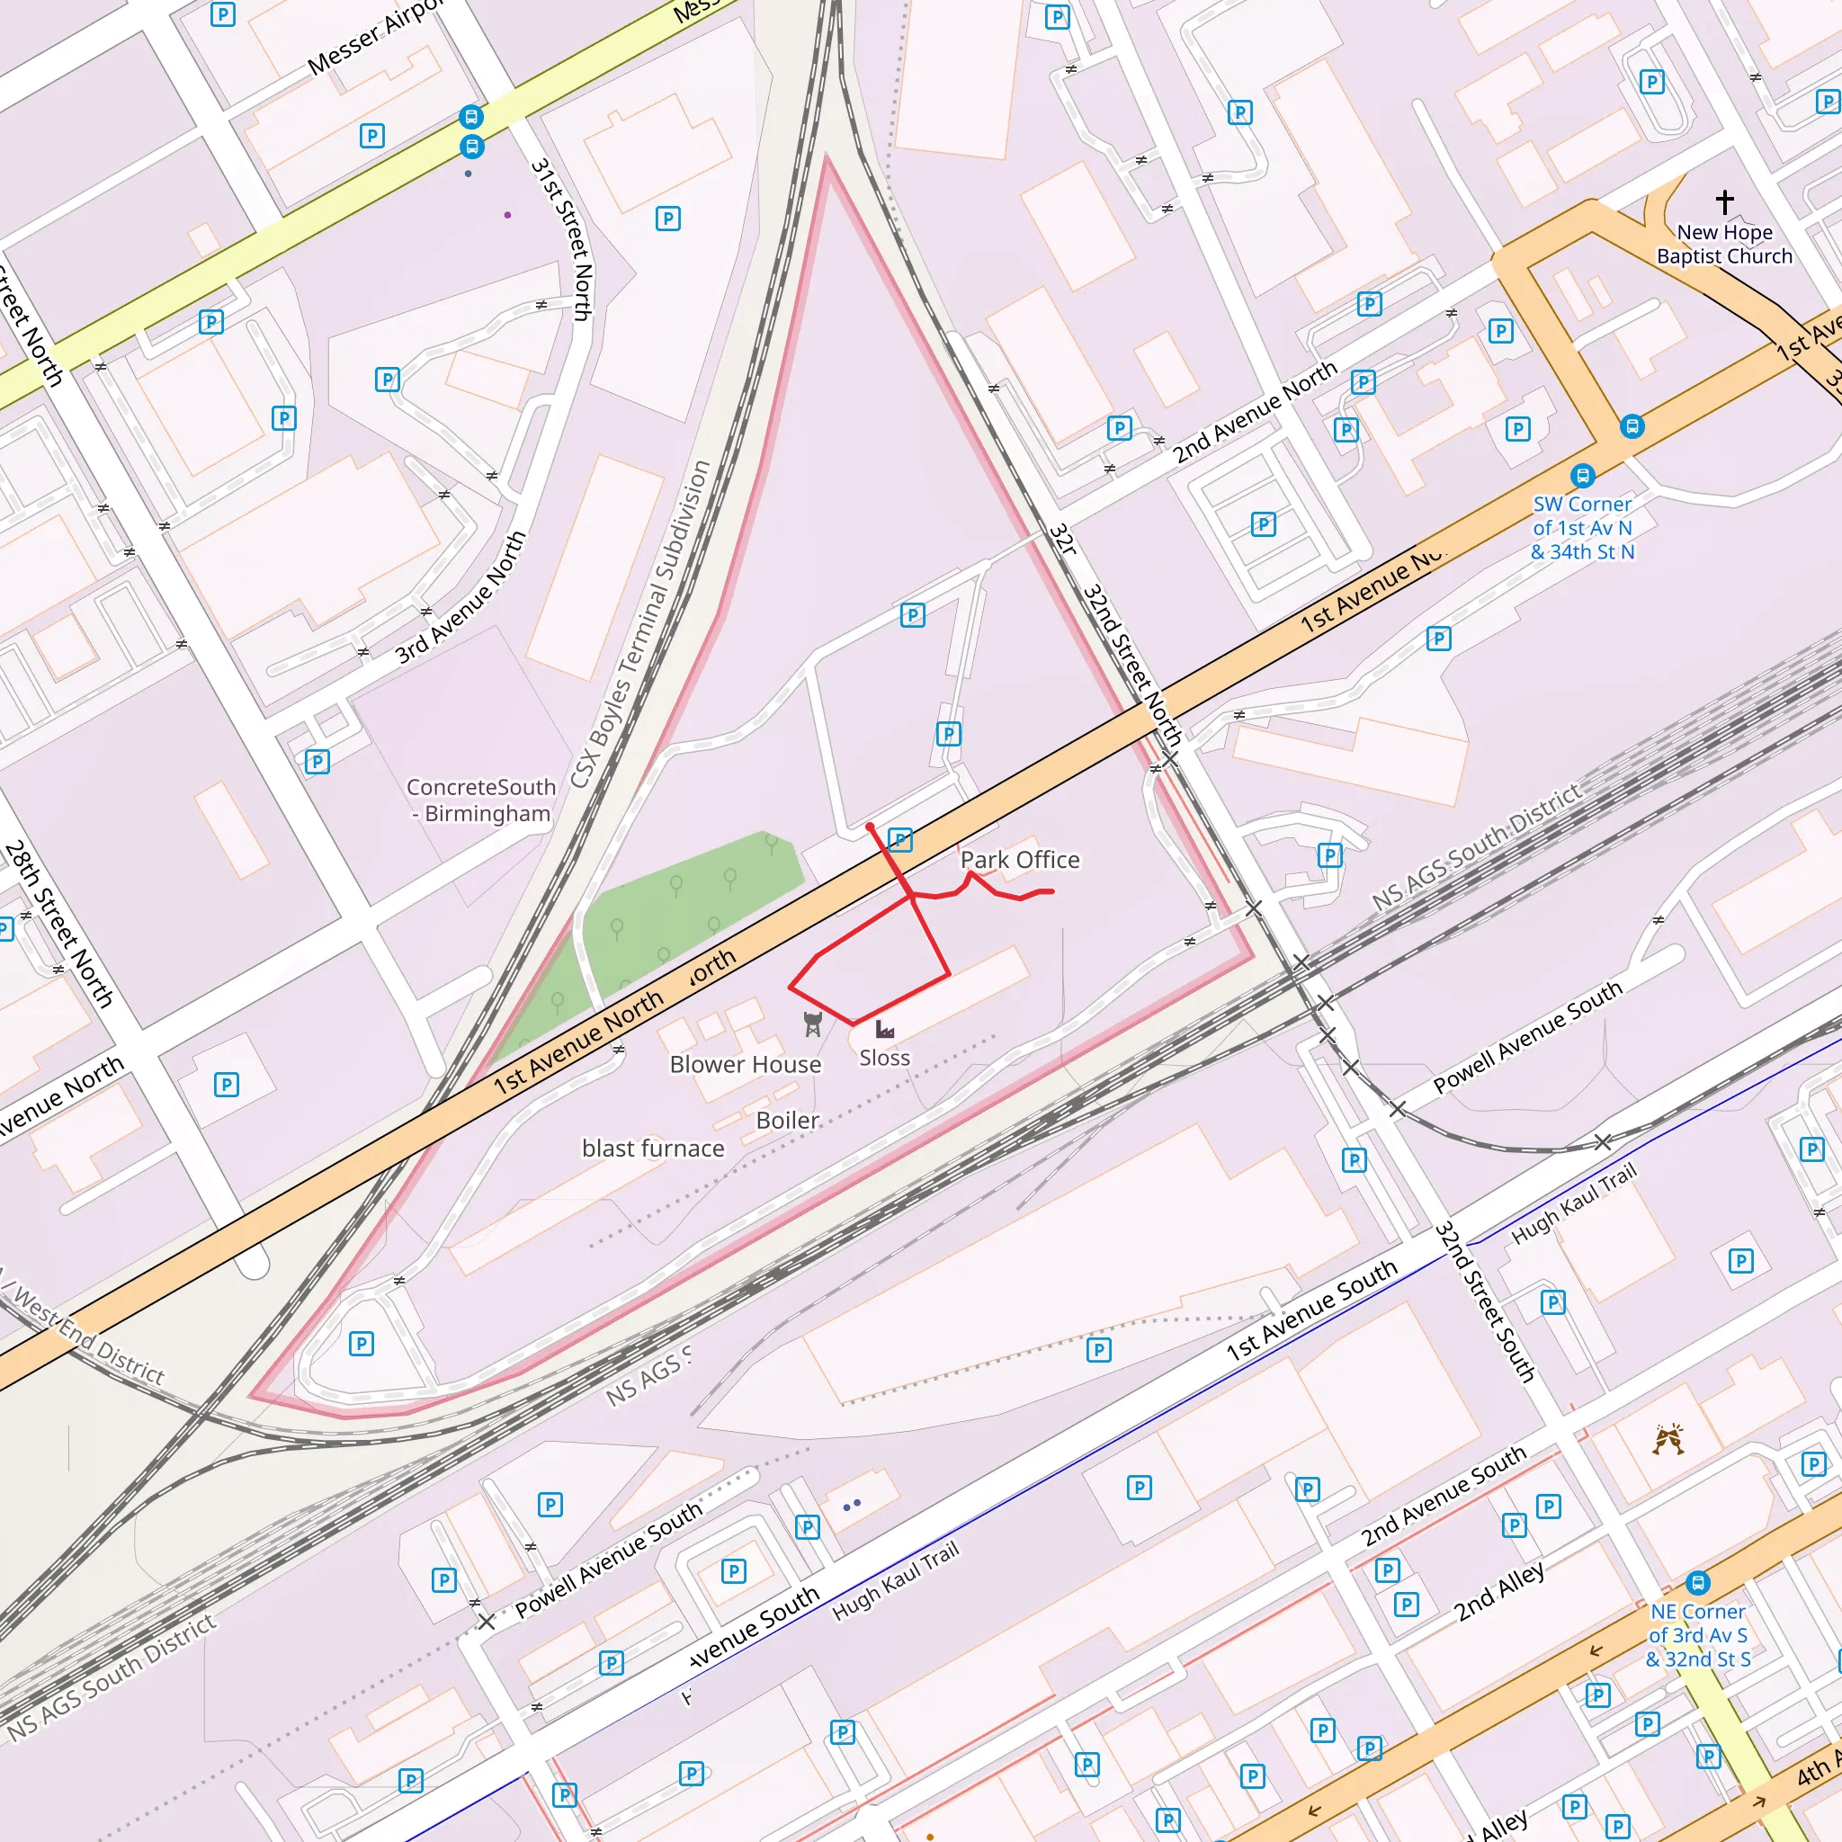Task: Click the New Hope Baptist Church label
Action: [1724, 244]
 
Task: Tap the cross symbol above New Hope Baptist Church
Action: [1725, 201]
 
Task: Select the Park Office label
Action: [1019, 860]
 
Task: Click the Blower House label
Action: [745, 1064]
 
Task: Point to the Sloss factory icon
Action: [885, 1030]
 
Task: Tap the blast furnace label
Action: [653, 1148]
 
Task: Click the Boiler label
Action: [788, 1121]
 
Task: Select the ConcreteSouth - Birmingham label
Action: [480, 800]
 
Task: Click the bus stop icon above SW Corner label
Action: [1583, 475]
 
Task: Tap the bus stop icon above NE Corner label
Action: [1697, 1584]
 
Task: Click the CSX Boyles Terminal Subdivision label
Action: [640, 624]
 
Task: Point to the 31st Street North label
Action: [562, 238]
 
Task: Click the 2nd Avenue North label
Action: [1255, 412]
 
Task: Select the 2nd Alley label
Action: [1498, 1592]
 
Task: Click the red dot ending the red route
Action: [870, 827]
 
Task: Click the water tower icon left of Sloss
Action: [812, 1024]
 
